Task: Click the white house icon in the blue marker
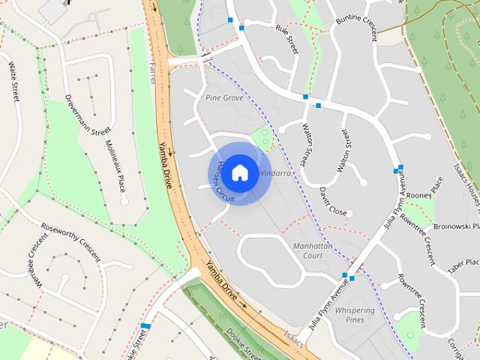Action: [239, 172]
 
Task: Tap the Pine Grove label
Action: [223, 98]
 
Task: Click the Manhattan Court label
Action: [297, 250]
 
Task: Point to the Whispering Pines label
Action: [355, 315]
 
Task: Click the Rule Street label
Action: [287, 38]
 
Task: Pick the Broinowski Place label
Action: [455, 226]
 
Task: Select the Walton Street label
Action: [304, 145]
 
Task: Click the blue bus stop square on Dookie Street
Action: [145, 326]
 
